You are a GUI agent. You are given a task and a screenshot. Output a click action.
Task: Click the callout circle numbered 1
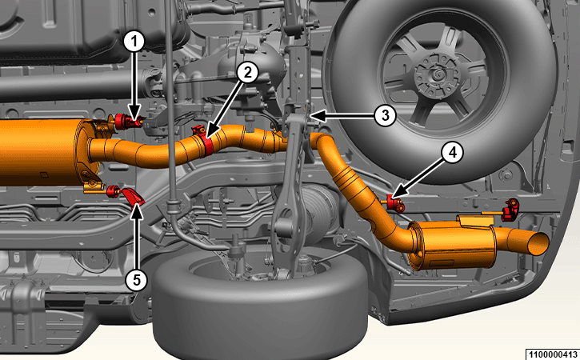pyautogui.click(x=134, y=42)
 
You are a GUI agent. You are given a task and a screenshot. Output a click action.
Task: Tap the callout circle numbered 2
pyautogui.click(x=247, y=73)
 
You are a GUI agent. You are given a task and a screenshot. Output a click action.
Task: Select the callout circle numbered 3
pyautogui.click(x=385, y=115)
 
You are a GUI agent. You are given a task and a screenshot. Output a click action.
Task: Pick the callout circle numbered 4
pyautogui.click(x=453, y=153)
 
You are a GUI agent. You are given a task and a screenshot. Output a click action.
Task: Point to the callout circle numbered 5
pyautogui.click(x=137, y=280)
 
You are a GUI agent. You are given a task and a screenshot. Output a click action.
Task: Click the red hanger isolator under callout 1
pyautogui.click(x=128, y=122)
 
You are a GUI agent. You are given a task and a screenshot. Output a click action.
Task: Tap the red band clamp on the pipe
pyautogui.click(x=205, y=141)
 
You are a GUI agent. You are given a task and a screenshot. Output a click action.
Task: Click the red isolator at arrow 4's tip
pyautogui.click(x=394, y=202)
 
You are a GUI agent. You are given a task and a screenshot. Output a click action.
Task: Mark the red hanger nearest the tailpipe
pyautogui.click(x=510, y=210)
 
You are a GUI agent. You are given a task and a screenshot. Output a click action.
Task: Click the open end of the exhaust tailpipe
pyautogui.click(x=538, y=244)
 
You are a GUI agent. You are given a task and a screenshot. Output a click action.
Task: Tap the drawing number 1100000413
pyautogui.click(x=552, y=354)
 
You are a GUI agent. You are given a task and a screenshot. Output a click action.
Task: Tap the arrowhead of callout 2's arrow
pyautogui.click(x=208, y=134)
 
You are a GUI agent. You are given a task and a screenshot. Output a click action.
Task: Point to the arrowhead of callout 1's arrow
pyautogui.click(x=134, y=114)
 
